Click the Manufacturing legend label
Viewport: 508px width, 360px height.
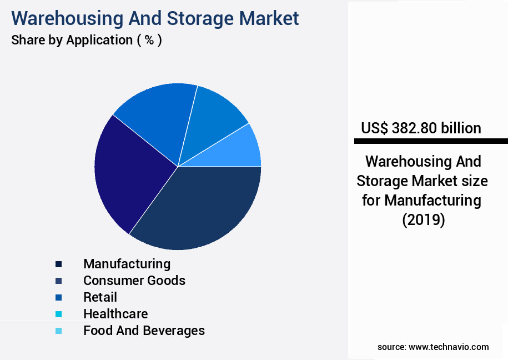click(127, 263)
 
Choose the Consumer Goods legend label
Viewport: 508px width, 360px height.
click(134, 280)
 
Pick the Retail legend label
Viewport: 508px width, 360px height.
click(100, 297)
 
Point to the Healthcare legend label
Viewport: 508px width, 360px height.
click(115, 314)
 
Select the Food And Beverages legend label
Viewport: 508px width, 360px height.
click(144, 331)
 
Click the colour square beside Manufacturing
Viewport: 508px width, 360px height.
click(58, 264)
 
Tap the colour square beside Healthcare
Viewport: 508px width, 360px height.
click(58, 314)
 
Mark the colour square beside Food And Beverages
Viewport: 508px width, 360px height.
click(58, 331)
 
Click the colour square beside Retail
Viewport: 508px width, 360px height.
click(58, 297)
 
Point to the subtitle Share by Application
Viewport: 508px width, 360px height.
click(86, 40)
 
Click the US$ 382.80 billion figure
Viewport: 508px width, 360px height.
click(421, 128)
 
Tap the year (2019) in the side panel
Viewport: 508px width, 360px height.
click(423, 219)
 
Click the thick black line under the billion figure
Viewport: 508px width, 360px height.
click(431, 141)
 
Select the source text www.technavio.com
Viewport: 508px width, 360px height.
click(449, 347)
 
